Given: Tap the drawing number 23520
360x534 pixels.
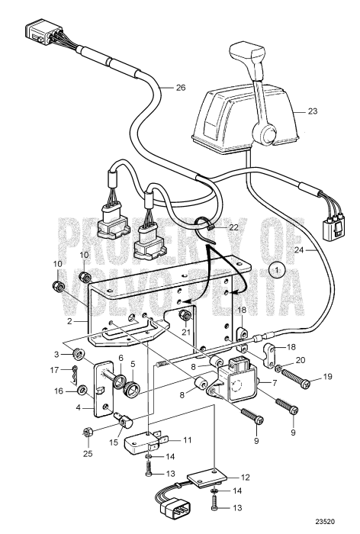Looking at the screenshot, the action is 325,521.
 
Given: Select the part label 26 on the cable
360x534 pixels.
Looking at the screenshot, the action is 181,88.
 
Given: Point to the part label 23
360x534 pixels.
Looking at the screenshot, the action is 312,111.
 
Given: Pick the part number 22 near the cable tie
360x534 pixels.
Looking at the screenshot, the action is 233,227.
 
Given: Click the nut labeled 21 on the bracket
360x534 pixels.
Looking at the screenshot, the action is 185,317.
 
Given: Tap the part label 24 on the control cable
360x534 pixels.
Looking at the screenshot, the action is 299,250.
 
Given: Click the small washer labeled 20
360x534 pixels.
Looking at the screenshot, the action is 278,368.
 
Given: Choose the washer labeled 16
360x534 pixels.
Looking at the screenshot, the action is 82,391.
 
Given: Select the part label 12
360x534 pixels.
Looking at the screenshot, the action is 246,478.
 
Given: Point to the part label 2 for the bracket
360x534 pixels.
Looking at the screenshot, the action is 69,321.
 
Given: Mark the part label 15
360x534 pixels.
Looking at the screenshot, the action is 114,442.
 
